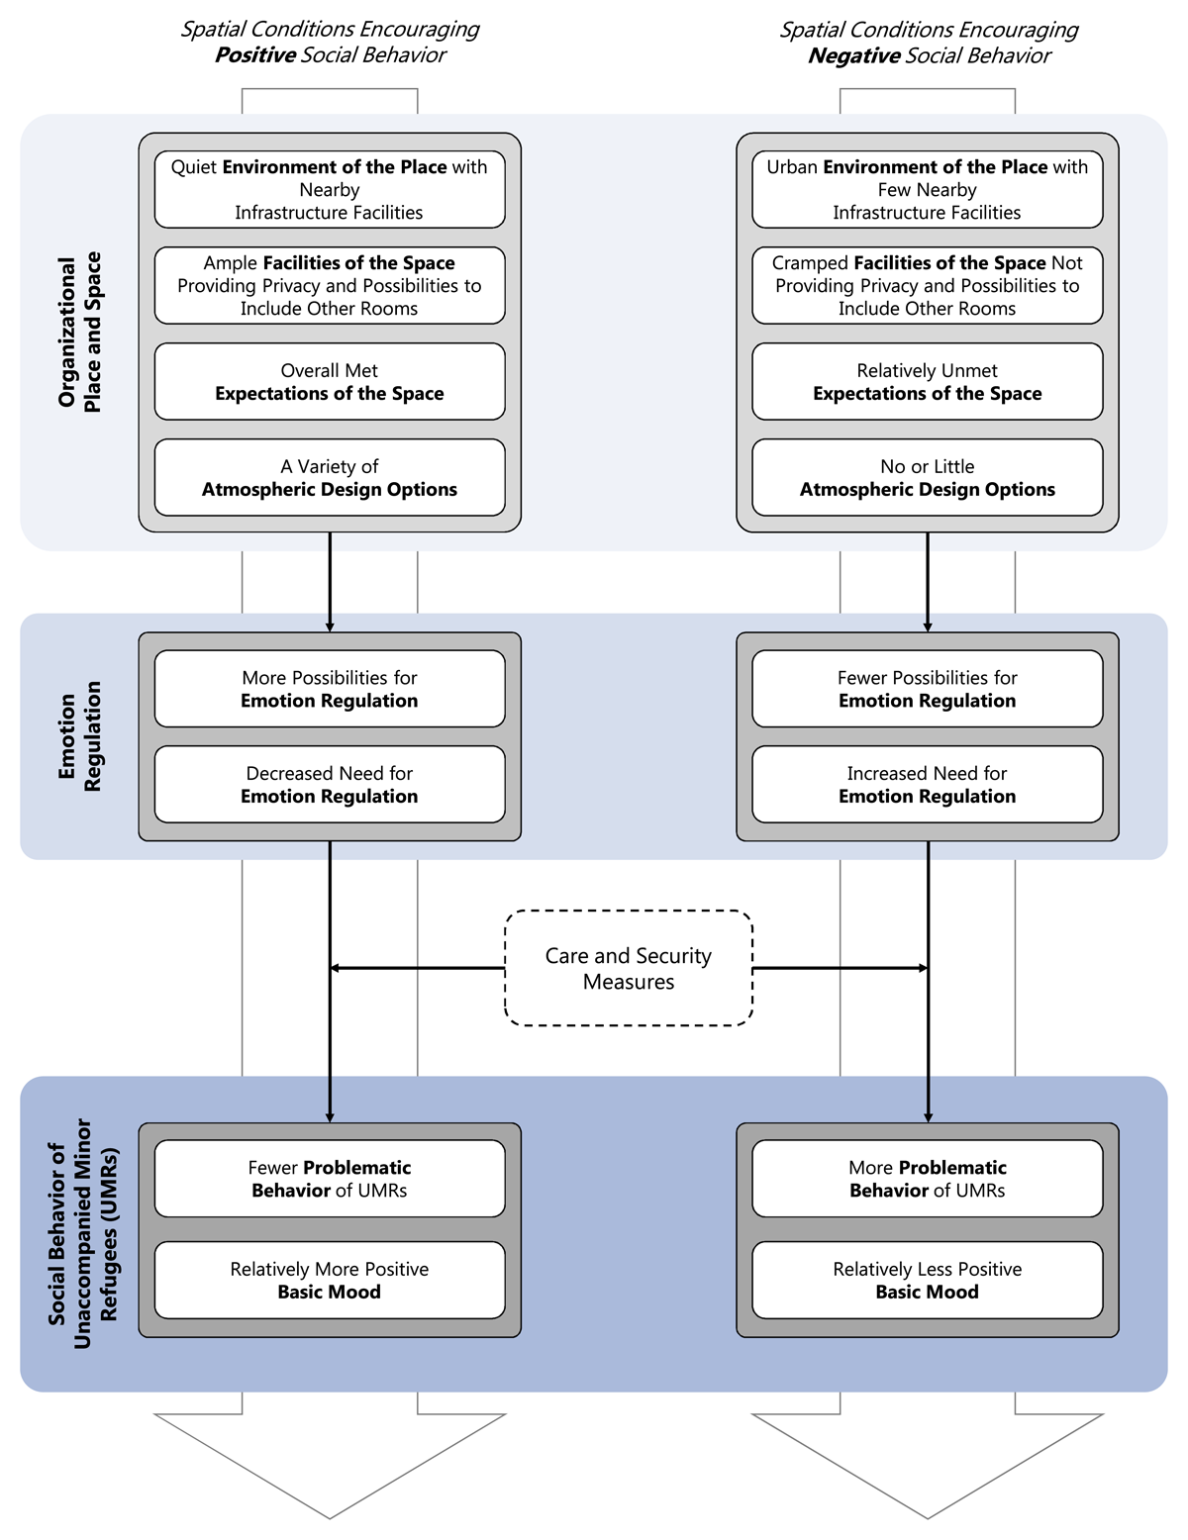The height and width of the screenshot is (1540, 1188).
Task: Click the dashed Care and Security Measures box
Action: click(x=629, y=968)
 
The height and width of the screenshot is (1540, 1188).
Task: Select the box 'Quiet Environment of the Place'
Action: click(x=330, y=189)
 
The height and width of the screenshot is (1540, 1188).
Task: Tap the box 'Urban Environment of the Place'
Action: click(x=927, y=189)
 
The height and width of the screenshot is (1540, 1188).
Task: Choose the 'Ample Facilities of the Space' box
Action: click(x=330, y=285)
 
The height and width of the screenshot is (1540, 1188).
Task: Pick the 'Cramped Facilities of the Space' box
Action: click(x=927, y=285)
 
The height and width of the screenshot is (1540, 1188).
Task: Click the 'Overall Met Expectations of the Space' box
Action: click(x=330, y=382)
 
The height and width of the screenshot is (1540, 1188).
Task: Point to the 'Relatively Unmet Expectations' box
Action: click(x=927, y=382)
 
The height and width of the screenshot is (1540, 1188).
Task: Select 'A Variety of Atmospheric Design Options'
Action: click(x=330, y=477)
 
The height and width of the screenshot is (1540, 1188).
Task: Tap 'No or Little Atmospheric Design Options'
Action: click(x=927, y=477)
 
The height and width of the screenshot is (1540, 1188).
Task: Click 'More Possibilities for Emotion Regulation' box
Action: click(x=330, y=689)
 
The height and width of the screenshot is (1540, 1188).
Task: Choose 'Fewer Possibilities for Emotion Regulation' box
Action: click(x=927, y=689)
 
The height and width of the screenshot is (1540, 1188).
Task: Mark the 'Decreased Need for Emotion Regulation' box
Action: click(x=330, y=784)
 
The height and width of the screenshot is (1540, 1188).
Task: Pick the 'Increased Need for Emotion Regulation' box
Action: click(x=927, y=784)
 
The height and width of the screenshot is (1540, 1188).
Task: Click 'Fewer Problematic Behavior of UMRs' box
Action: click(x=330, y=1179)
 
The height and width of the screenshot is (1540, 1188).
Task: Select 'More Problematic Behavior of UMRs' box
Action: click(x=927, y=1179)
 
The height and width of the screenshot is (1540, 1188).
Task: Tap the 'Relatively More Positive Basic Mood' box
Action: click(x=330, y=1280)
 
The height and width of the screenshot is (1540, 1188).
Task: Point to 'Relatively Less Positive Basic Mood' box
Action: click(x=927, y=1280)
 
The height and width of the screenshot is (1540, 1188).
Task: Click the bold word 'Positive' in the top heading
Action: click(x=255, y=55)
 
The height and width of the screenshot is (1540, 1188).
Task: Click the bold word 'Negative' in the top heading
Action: click(x=853, y=56)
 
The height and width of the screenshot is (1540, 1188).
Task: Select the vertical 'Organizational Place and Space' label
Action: click(x=79, y=332)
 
